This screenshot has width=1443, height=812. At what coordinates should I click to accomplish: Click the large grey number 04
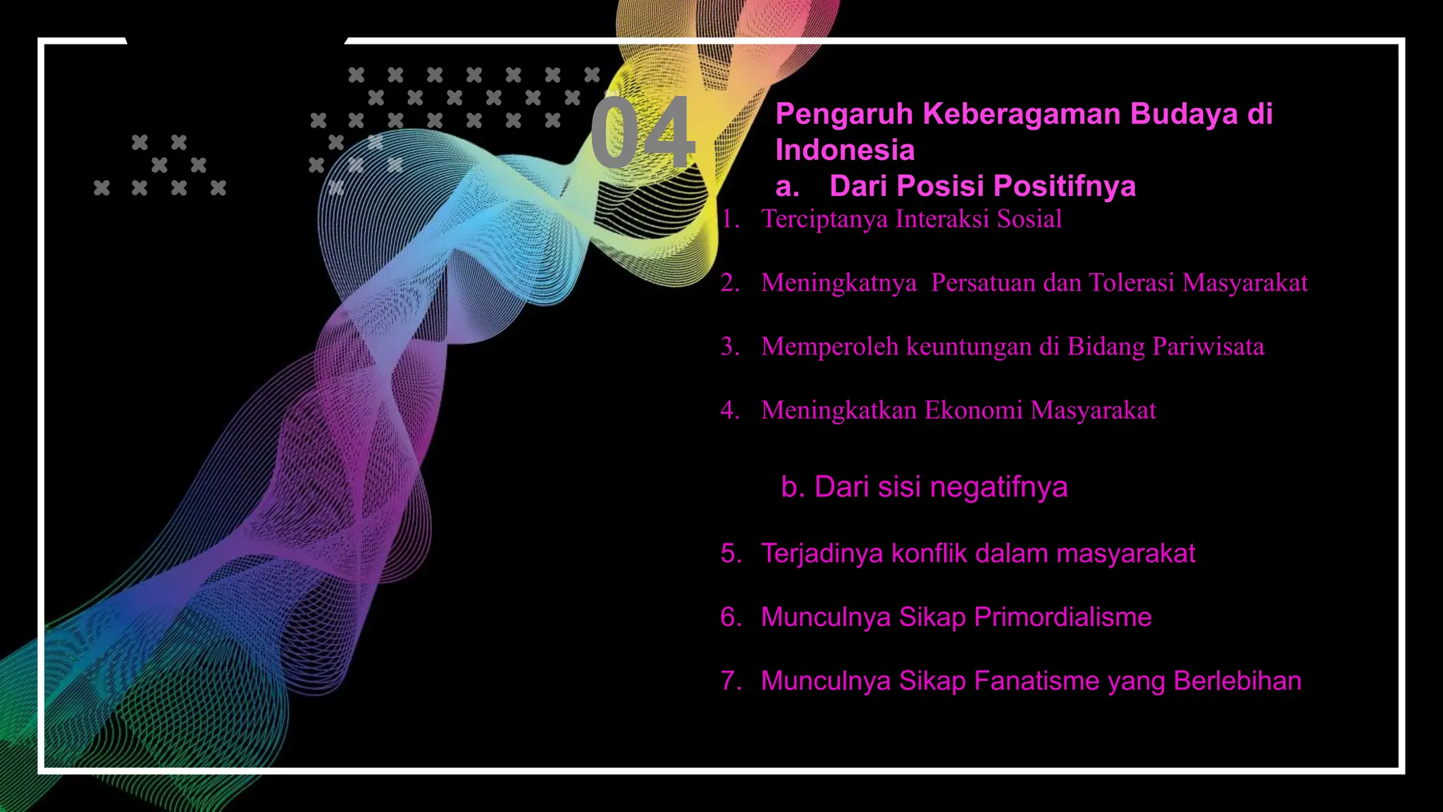(642, 133)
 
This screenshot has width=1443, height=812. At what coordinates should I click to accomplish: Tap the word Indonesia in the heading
(845, 150)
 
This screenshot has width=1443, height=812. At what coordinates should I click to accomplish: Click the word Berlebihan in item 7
(1237, 681)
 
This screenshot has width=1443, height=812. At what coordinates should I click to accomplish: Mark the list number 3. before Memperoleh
(730, 347)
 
